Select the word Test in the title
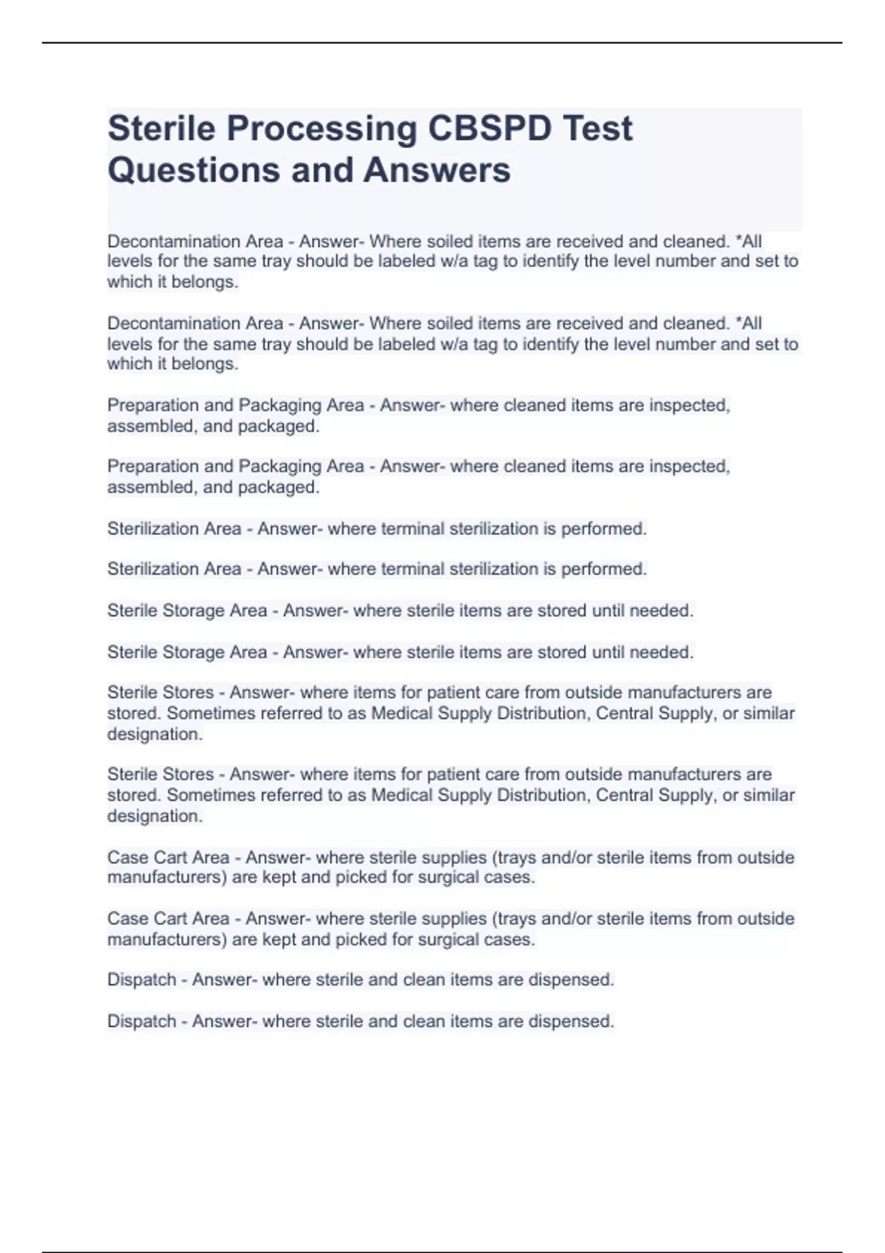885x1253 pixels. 597,128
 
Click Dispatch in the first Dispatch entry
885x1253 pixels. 142,980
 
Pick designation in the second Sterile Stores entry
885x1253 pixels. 154,816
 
